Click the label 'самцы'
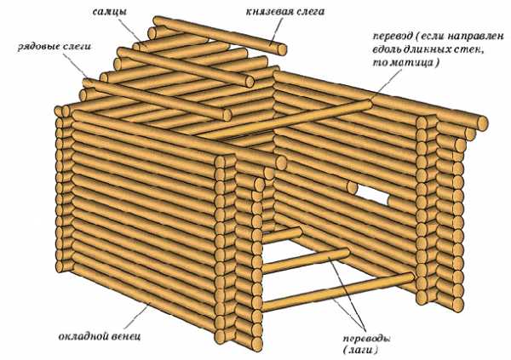pos(110,12)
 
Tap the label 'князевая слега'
pos(285,12)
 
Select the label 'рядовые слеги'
pos(55,47)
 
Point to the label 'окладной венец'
pos(100,336)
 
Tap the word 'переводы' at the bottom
pos(366,339)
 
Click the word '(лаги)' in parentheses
pos(360,351)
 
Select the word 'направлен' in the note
pos(476,36)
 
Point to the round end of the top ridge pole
pos(282,49)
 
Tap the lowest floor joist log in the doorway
pos(337,292)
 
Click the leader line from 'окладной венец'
pos(136,316)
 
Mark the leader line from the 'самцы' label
pos(130,30)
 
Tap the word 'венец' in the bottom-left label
pos(126,336)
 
